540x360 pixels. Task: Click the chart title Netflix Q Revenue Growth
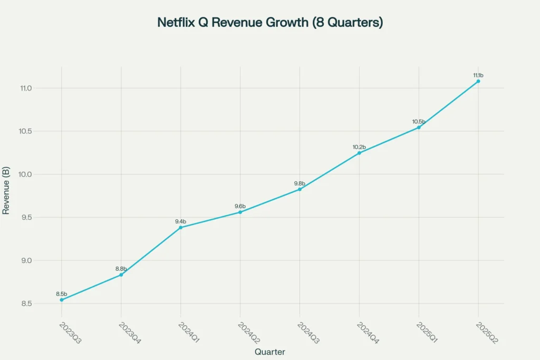pos(270,23)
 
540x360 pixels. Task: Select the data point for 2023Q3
pos(62,300)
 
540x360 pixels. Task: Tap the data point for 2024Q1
pos(181,227)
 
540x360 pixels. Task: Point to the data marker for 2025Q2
pos(478,81)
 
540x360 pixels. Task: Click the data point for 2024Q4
pos(359,153)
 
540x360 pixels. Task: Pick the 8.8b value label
pos(121,269)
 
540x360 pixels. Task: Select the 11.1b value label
pos(478,75)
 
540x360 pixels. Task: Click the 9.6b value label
pos(240,206)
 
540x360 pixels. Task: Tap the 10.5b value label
pos(419,122)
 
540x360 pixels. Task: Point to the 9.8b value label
pos(300,183)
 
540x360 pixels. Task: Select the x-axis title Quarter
pos(270,352)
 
